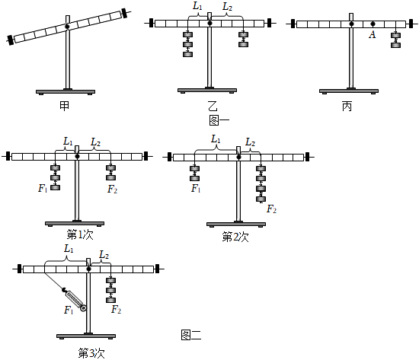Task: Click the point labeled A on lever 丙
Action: pos(373,24)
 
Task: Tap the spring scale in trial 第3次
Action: pos(75,299)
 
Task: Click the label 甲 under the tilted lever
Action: pos(65,106)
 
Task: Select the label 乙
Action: pos(213,106)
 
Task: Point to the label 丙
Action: pos(347,107)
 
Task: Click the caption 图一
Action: pos(219,120)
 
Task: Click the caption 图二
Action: pos(191,335)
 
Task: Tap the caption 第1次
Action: pos(80,235)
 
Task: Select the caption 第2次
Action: pos(235,237)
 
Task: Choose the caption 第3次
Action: pos(91,353)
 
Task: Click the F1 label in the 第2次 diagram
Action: pos(196,189)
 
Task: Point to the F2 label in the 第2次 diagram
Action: pos(271,209)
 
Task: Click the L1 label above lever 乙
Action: pos(197,6)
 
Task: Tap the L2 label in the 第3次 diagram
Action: pos(104,255)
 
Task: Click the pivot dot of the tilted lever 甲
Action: pos(67,27)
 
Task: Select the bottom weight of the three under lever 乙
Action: pos(187,54)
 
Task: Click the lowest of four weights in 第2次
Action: pos(261,199)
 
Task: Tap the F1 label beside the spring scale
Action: pos(69,310)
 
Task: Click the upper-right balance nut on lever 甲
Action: pos(125,13)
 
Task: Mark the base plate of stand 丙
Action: pos(349,91)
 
